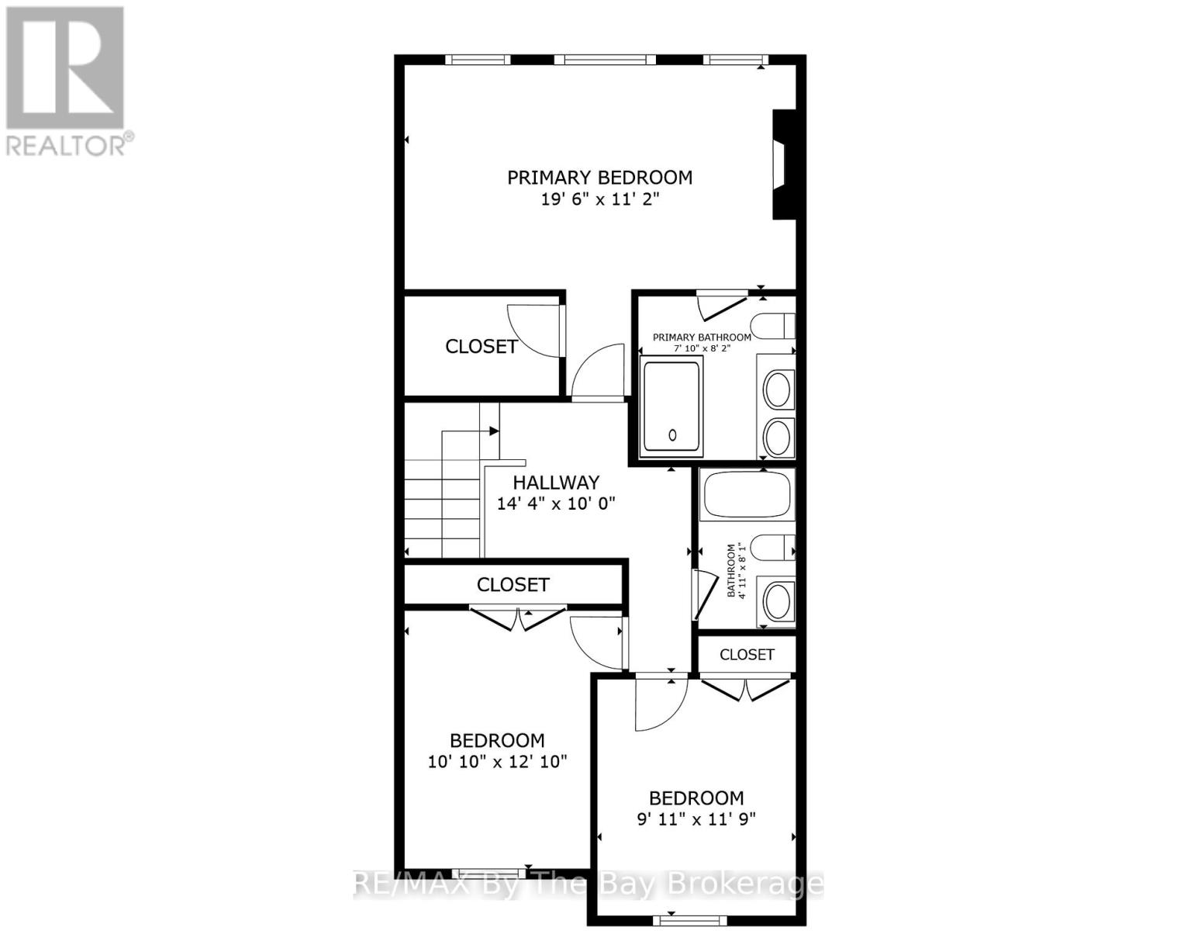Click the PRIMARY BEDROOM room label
click(x=599, y=178)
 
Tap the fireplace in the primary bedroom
click(x=782, y=164)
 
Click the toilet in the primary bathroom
click(x=772, y=325)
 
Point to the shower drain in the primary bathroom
click(x=672, y=435)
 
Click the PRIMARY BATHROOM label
click(x=702, y=337)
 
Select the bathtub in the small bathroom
click(x=746, y=494)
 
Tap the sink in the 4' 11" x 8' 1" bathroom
click(x=776, y=600)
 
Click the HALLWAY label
click(x=556, y=483)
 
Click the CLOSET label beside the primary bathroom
click(x=481, y=347)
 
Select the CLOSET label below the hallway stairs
click(x=513, y=584)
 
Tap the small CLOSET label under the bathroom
click(x=747, y=655)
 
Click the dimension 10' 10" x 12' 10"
click(x=497, y=762)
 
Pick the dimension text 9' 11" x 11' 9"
click(x=695, y=819)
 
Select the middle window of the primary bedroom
click(x=609, y=60)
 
